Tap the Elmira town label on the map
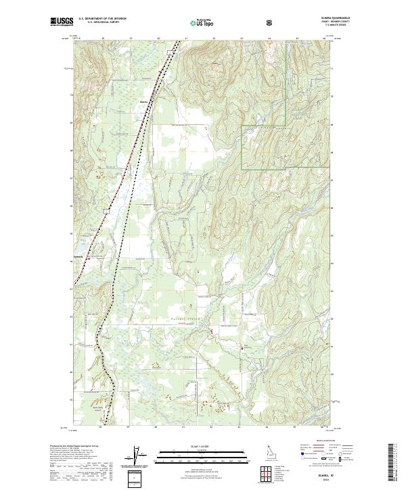click(143, 103)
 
